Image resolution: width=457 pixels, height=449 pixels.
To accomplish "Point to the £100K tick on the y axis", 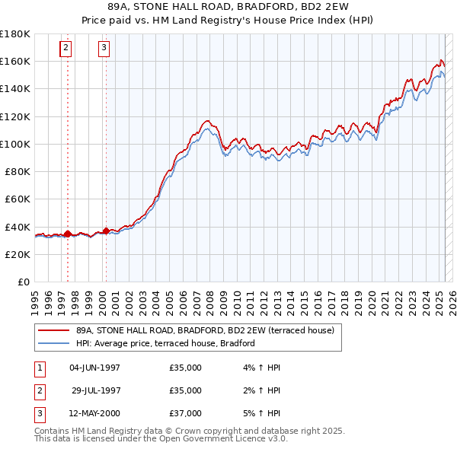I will [16, 144].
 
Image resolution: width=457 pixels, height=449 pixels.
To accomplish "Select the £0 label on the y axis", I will [24, 282].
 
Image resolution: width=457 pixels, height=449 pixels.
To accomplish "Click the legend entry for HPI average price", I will [165, 343].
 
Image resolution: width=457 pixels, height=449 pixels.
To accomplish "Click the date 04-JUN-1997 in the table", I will [94, 368].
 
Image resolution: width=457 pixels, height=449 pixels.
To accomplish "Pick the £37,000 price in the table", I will [186, 413].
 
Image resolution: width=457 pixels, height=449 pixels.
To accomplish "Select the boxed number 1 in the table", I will [39, 368].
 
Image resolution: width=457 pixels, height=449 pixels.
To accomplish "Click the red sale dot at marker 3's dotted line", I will [106, 229].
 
